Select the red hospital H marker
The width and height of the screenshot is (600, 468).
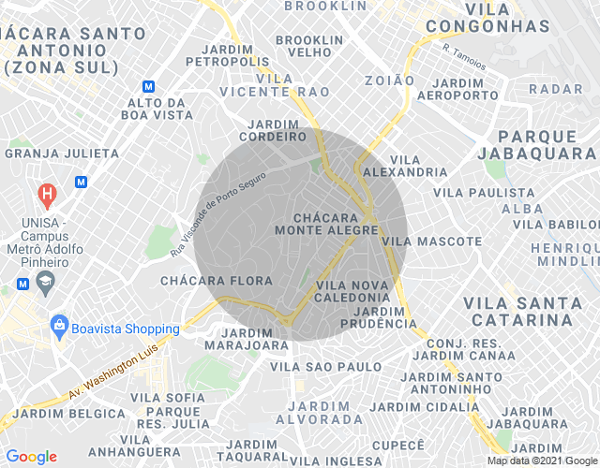(45, 196)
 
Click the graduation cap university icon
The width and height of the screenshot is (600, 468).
(44, 282)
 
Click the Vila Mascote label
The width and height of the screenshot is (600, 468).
(432, 241)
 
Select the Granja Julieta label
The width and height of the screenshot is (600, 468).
(63, 153)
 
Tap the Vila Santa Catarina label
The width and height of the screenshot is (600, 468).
(517, 311)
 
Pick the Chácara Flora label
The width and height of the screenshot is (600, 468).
(216, 281)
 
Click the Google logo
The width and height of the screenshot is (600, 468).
(32, 457)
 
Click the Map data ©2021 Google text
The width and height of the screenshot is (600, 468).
(542, 461)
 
